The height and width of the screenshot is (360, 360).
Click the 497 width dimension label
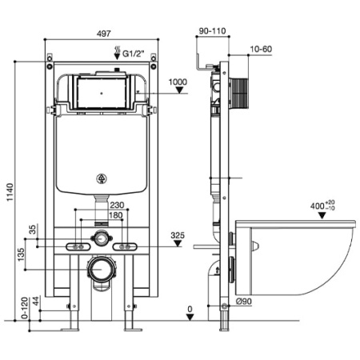coord(103,34)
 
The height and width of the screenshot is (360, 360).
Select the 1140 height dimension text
coord(10,192)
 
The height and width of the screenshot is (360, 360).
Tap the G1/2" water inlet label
coord(133,54)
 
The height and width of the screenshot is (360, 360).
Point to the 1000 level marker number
coord(178,82)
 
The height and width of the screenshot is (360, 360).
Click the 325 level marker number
coord(178,235)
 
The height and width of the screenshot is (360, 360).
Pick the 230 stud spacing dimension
coord(117,205)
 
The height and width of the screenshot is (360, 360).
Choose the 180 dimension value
coord(116,215)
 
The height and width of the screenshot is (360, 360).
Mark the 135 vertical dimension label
coord(21,254)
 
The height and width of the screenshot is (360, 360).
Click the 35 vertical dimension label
coord(32,230)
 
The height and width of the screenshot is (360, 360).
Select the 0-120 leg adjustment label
coord(25,308)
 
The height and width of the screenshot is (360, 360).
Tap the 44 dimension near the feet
coord(36,301)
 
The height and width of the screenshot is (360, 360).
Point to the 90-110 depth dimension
coord(213,31)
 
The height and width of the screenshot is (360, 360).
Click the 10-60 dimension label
coord(261,49)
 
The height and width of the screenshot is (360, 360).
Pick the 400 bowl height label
coord(322,206)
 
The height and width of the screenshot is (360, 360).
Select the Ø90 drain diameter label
coord(244,302)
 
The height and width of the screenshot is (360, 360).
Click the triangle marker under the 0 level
coord(190,317)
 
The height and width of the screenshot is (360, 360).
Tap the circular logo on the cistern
coord(102,178)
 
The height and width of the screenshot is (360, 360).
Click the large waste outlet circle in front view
coord(102,270)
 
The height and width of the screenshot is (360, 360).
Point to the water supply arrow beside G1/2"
coord(117,53)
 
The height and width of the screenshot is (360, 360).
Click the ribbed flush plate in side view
coord(238,93)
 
